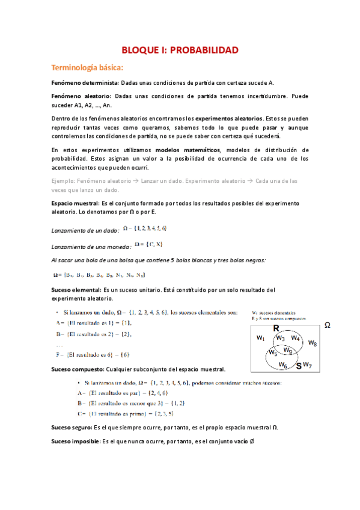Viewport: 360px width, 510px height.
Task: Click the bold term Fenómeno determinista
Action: point(85,83)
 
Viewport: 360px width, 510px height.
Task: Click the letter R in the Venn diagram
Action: point(276,328)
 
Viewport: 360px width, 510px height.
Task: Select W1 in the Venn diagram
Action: point(260,338)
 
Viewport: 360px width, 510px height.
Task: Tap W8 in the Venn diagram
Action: point(312,343)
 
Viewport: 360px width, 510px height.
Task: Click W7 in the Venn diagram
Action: point(307,364)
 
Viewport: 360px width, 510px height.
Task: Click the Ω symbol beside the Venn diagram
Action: point(328,325)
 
